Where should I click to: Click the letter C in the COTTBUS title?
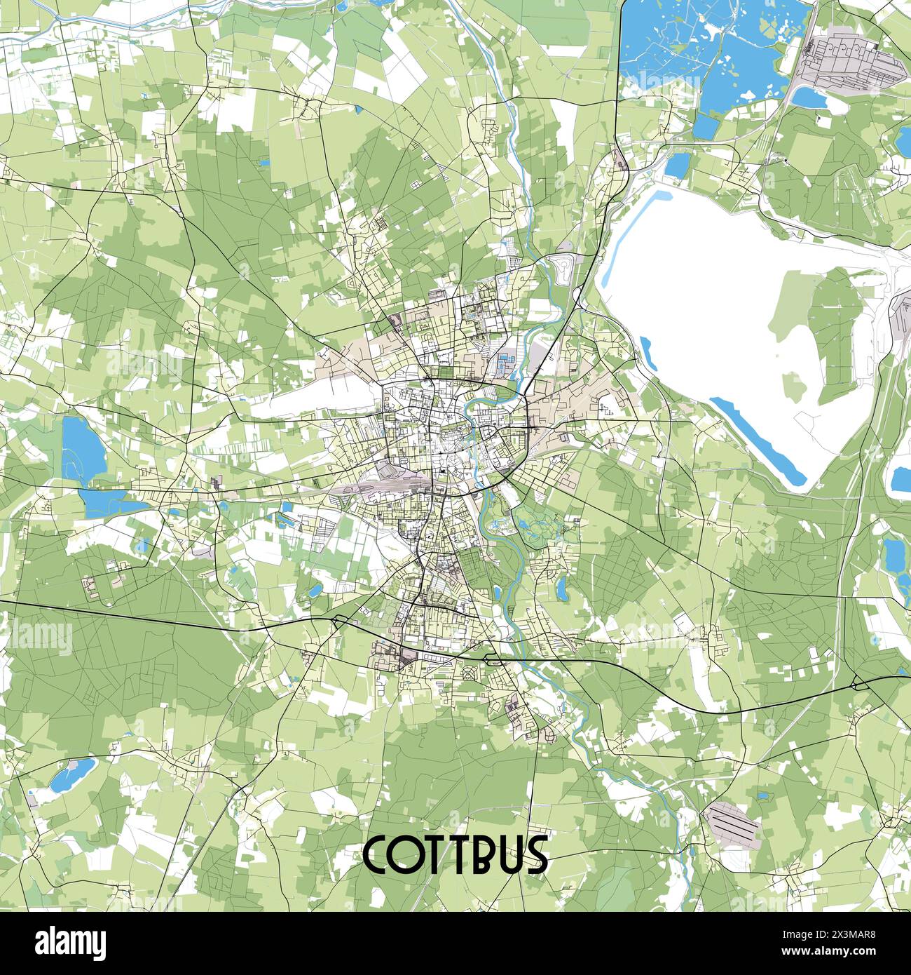coord(379,854)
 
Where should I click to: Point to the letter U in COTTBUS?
coord(508,854)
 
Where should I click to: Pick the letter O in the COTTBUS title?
coord(409,854)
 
